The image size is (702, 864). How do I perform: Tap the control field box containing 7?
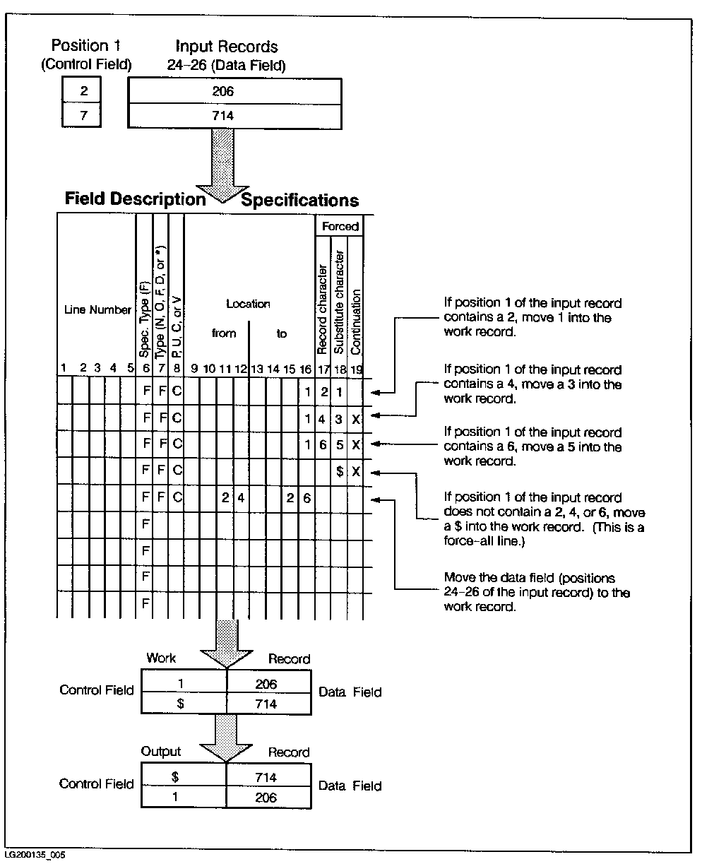(83, 116)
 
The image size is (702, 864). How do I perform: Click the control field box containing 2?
(83, 92)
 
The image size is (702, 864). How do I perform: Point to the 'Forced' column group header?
(340, 227)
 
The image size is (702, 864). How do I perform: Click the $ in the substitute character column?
(340, 472)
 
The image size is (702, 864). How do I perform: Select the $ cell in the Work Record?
(184, 704)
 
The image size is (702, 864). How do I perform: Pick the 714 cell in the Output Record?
(267, 777)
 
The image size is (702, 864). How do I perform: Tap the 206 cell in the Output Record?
(267, 798)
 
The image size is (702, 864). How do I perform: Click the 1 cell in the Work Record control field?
(184, 683)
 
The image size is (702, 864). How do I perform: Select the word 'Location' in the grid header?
(248, 304)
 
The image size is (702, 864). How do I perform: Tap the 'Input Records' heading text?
(226, 47)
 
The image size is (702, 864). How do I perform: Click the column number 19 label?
(356, 367)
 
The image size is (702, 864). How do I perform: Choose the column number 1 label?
(64, 367)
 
